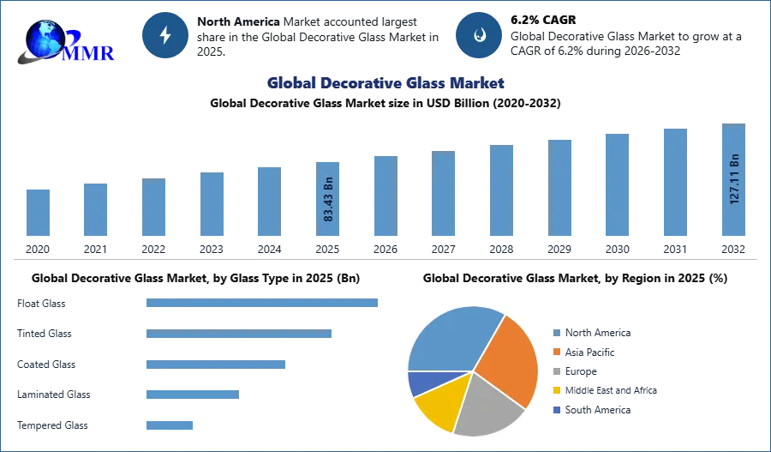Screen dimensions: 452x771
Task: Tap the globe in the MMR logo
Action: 45,39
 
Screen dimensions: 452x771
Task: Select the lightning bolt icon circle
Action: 165,35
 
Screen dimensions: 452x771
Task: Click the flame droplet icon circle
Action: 479,35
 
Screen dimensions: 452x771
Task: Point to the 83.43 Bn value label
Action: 329,200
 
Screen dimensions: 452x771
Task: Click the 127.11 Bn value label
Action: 734,178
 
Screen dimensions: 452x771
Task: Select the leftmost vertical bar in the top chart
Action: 38,212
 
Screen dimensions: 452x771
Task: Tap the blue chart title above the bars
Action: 386,83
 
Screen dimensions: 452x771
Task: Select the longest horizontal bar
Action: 263,302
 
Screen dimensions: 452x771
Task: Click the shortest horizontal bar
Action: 170,425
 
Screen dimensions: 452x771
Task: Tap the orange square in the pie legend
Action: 555,351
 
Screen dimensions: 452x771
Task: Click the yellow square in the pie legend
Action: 555,391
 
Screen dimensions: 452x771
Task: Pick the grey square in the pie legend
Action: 555,371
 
